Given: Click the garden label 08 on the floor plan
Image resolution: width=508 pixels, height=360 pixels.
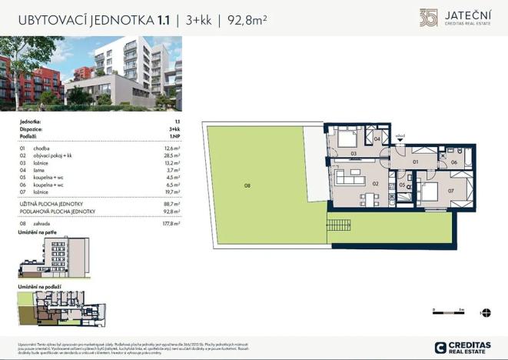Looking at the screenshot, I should click(247, 185).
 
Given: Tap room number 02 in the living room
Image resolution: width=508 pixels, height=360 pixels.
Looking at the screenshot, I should click(377, 184).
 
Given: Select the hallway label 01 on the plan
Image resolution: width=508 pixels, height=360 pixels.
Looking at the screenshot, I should click(416, 162).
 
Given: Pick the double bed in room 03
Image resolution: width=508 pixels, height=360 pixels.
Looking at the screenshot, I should click(346, 140).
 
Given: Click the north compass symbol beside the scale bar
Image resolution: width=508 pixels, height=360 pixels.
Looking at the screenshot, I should click(484, 312).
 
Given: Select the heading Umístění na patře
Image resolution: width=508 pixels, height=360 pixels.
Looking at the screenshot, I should click(36, 233).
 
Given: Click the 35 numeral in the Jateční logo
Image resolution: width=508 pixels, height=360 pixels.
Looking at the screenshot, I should click(428, 17).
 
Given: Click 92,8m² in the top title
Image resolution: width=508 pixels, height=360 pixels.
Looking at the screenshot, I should click(247, 21).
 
